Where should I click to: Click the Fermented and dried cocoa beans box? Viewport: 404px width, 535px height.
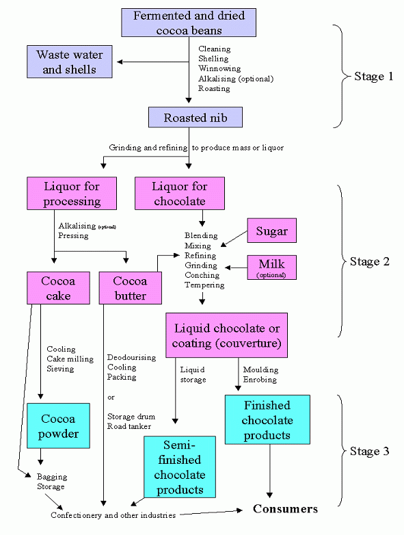[189, 23]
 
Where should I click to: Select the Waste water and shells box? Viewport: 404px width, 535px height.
[70, 62]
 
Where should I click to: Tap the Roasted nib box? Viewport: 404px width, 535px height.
[196, 118]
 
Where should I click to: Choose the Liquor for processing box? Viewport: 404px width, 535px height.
[72, 193]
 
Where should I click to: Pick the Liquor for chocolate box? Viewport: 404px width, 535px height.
[180, 193]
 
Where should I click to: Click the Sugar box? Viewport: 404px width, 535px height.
[271, 231]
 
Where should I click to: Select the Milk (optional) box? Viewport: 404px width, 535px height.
[271, 267]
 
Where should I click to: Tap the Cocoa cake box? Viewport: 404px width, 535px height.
[58, 288]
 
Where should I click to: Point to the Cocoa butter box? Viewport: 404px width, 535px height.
[131, 288]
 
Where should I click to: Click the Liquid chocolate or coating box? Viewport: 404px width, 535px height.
[226, 335]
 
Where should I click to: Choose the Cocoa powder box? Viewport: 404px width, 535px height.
[58, 426]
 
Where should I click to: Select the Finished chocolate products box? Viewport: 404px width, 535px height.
[267, 419]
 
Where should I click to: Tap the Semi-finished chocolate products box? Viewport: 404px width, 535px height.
[180, 467]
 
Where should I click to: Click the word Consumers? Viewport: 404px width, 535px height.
[285, 509]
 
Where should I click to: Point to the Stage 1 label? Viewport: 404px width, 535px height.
[374, 76]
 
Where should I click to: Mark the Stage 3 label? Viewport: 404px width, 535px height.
[370, 451]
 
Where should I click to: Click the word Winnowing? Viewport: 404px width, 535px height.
[219, 68]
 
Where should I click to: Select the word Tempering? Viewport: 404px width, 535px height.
[204, 285]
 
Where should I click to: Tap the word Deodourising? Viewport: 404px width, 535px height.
[132, 358]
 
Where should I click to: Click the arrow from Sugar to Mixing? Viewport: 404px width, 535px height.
[234, 239]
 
